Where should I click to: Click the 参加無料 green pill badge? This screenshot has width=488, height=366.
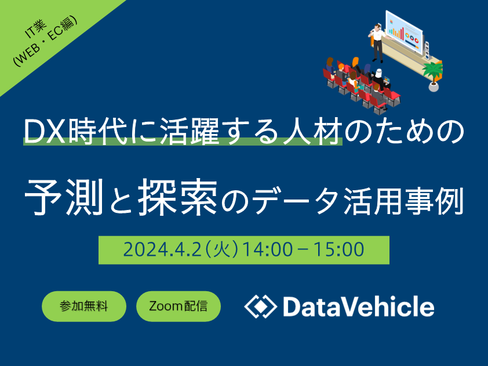coord(84,306)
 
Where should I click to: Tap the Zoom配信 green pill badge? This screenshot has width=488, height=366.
coord(179,306)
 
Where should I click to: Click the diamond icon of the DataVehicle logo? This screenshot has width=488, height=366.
coord(260,306)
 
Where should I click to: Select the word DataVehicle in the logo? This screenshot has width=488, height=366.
coord(359,307)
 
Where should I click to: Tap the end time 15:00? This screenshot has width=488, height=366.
coord(339,250)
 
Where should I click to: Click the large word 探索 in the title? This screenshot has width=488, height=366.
coord(178,197)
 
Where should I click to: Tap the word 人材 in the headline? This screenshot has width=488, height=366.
coord(312,131)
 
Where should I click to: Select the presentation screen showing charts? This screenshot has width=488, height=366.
coord(404,32)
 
